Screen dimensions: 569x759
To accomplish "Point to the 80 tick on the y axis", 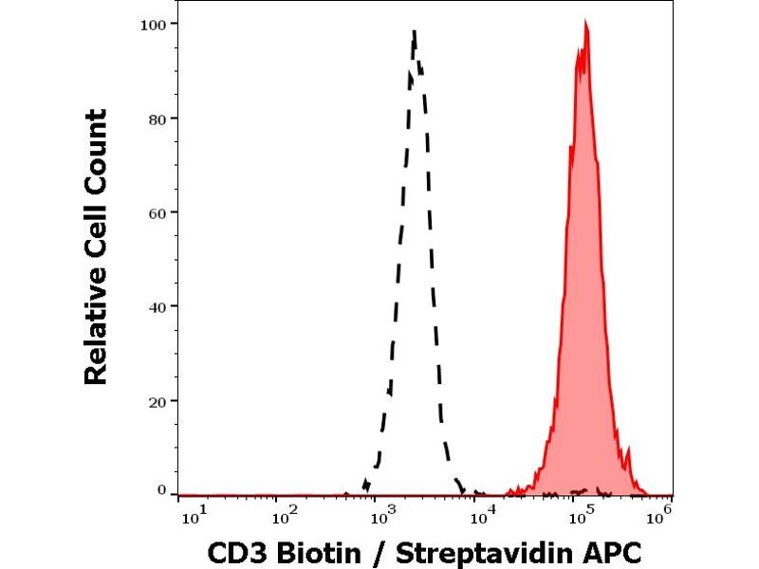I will pyautogui.click(x=159, y=119).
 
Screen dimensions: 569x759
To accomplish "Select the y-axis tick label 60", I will pyautogui.click(x=159, y=212).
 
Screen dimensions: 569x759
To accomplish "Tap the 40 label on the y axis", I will pyautogui.click(x=159, y=306).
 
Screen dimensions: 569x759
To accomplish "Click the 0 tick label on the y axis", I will pyautogui.click(x=163, y=490).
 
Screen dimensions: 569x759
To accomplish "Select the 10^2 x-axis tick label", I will pyautogui.click(x=286, y=515).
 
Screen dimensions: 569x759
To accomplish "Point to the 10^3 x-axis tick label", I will pyautogui.click(x=383, y=515).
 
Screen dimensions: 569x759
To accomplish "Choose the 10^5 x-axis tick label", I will pyautogui.click(x=579, y=515).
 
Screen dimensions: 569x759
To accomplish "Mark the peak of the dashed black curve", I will pyautogui.click(x=415, y=31).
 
